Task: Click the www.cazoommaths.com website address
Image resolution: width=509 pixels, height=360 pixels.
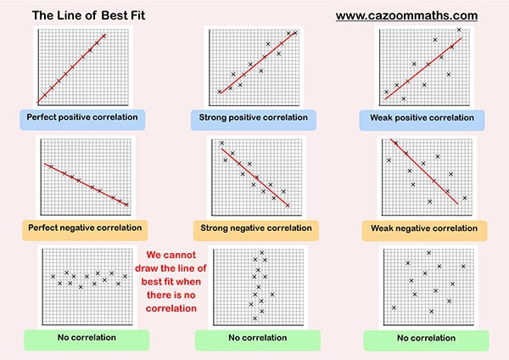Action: pyautogui.click(x=406, y=15)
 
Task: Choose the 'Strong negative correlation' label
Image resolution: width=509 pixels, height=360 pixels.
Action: pyautogui.click(x=253, y=228)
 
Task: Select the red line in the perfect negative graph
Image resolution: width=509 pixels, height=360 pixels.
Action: pyautogui.click(x=85, y=183)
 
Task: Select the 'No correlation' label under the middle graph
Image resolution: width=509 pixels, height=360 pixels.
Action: pyautogui.click(x=253, y=338)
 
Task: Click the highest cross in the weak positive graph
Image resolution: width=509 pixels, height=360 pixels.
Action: pyautogui.click(x=459, y=30)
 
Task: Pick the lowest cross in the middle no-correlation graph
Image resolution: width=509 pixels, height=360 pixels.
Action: pyautogui.click(x=255, y=318)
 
